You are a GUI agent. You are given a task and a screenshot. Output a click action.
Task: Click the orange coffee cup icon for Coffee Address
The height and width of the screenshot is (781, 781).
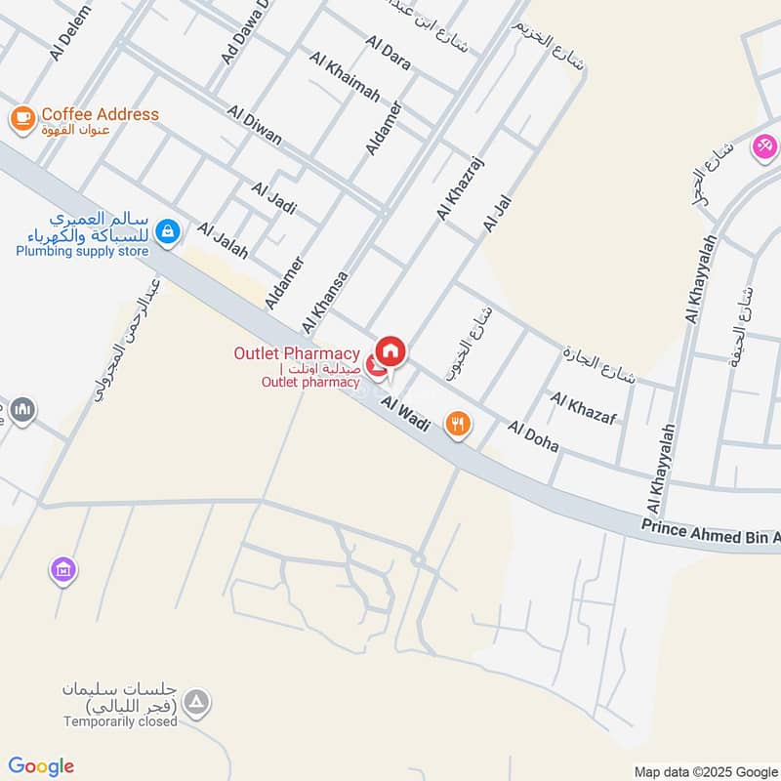pyautogui.click(x=21, y=118)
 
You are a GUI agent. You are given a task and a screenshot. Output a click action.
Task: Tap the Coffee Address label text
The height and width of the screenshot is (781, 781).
pyautogui.click(x=100, y=114)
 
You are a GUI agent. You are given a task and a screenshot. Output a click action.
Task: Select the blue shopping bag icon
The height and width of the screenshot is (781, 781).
pyautogui.click(x=168, y=230)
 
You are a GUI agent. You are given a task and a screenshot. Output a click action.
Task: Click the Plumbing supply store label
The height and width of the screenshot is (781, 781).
pyautogui.click(x=82, y=252)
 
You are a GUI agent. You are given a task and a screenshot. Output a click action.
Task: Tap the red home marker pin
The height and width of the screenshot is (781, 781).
pyautogui.click(x=390, y=350)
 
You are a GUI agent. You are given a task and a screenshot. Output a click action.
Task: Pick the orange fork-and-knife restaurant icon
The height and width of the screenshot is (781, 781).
pyautogui.click(x=457, y=424)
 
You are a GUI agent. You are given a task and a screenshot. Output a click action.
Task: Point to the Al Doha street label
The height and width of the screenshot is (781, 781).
pyautogui.click(x=533, y=435)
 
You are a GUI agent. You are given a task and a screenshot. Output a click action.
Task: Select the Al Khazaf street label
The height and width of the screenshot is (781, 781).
pyautogui.click(x=584, y=408)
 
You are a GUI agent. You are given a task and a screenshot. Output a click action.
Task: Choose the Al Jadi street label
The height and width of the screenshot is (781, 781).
pyautogui.click(x=273, y=198)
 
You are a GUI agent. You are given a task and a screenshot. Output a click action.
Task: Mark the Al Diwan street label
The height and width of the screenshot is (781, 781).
pyautogui.click(x=254, y=126)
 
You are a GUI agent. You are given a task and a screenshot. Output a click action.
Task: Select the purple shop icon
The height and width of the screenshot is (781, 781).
pyautogui.click(x=63, y=568)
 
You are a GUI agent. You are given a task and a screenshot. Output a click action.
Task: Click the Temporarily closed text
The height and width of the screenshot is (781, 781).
pyautogui.click(x=120, y=721)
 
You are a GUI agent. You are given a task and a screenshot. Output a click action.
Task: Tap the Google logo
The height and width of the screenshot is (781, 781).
pyautogui.click(x=41, y=766)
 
